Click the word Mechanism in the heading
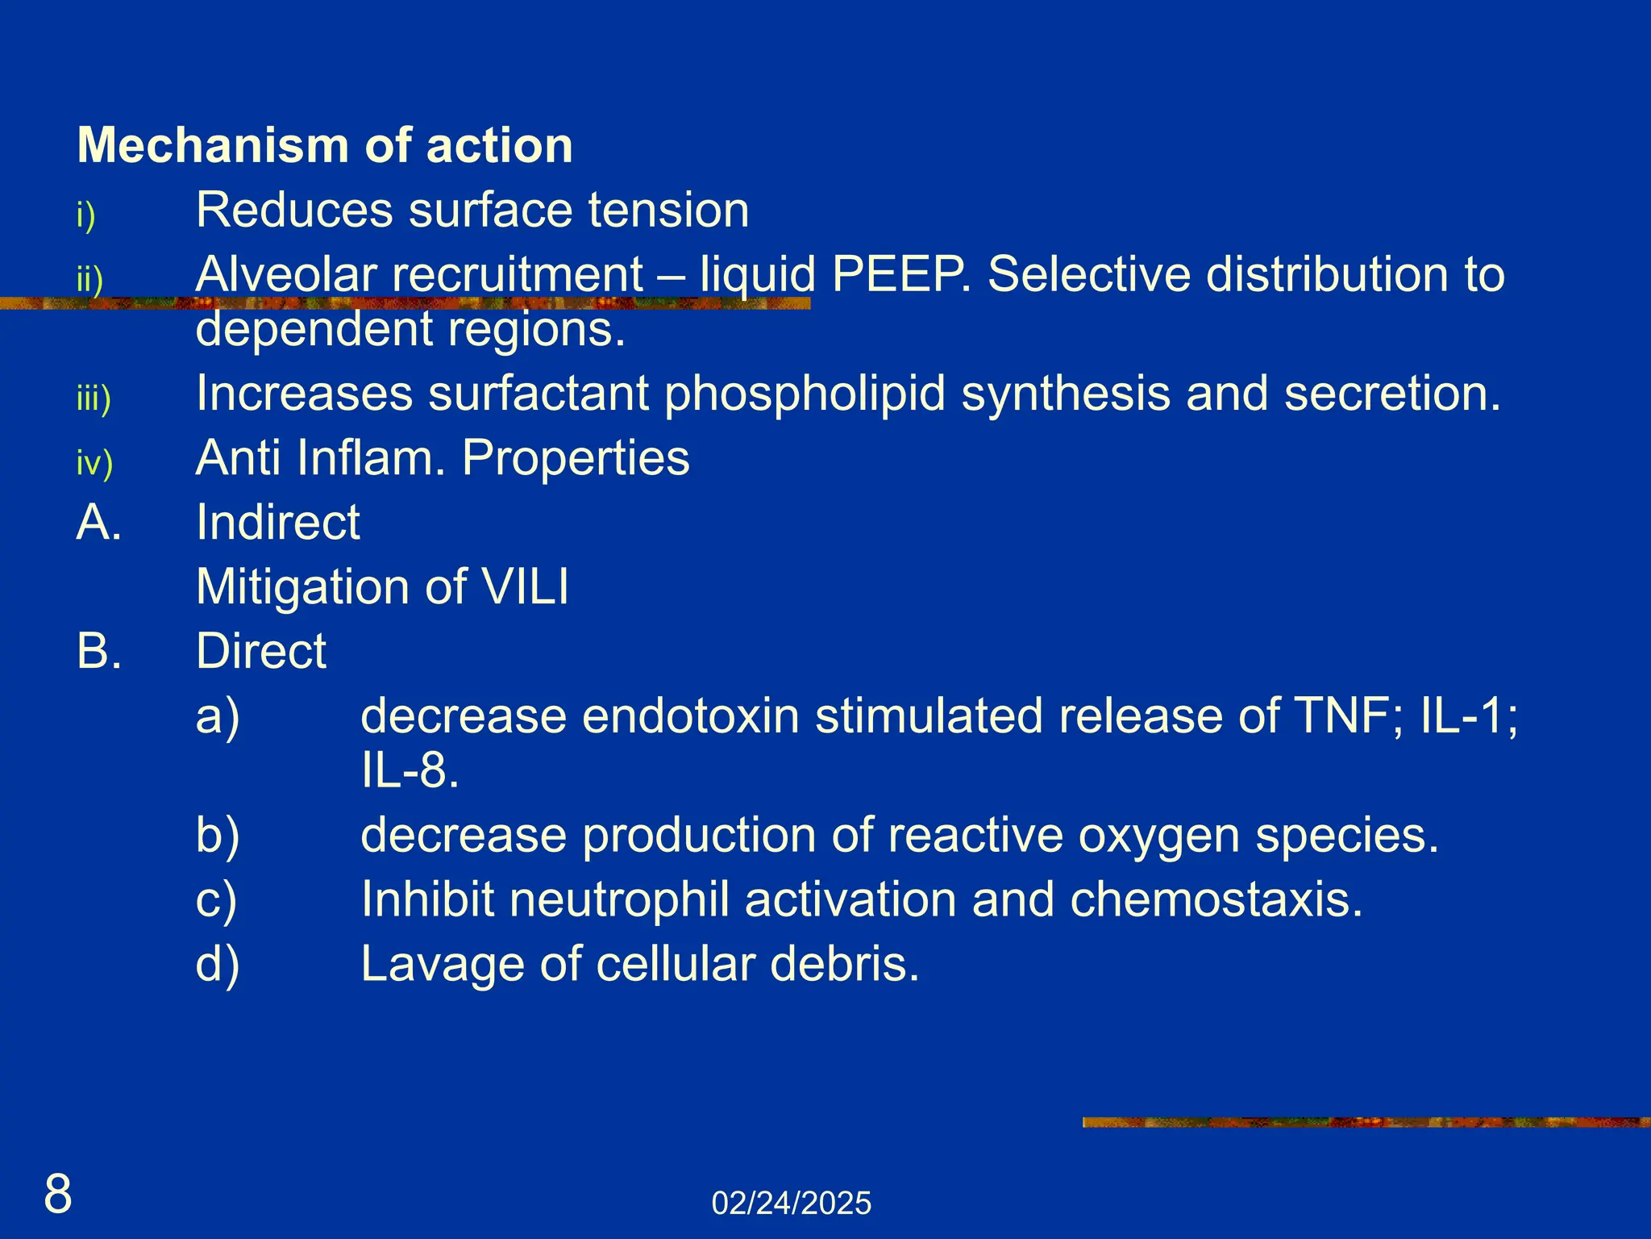point(212,146)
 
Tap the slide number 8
point(58,1195)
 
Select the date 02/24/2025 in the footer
point(791,1204)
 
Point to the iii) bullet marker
point(94,399)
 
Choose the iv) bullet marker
point(94,463)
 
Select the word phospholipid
point(805,394)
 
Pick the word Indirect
point(278,522)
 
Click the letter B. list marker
point(99,651)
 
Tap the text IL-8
point(410,771)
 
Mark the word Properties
point(576,458)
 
